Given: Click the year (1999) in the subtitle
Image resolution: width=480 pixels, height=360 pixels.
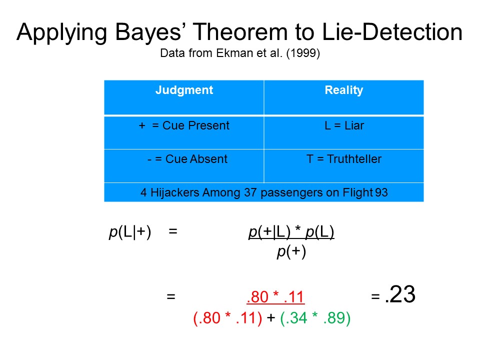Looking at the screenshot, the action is (x=303, y=53).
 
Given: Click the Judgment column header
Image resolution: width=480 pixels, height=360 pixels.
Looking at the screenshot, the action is (x=184, y=90).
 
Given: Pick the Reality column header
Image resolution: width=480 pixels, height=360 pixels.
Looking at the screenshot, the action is (x=344, y=90).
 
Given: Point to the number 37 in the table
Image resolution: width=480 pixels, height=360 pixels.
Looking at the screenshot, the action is (x=250, y=192).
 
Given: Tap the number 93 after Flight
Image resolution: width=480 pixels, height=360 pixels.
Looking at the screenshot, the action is (x=381, y=192).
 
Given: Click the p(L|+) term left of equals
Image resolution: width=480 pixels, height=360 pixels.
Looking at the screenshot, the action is (x=130, y=231).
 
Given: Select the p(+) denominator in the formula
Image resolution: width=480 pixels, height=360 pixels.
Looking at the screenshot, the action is (x=291, y=251).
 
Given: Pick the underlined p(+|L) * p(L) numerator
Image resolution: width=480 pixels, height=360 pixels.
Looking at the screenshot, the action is (x=291, y=231).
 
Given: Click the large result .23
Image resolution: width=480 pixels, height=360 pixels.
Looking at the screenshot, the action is (x=400, y=294).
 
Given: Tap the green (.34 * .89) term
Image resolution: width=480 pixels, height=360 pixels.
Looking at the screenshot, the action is (x=315, y=318).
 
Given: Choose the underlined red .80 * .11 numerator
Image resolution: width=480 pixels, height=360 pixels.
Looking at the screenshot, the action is (x=275, y=297).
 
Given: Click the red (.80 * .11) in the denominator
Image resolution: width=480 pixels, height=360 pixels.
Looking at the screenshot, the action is (x=227, y=318).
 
